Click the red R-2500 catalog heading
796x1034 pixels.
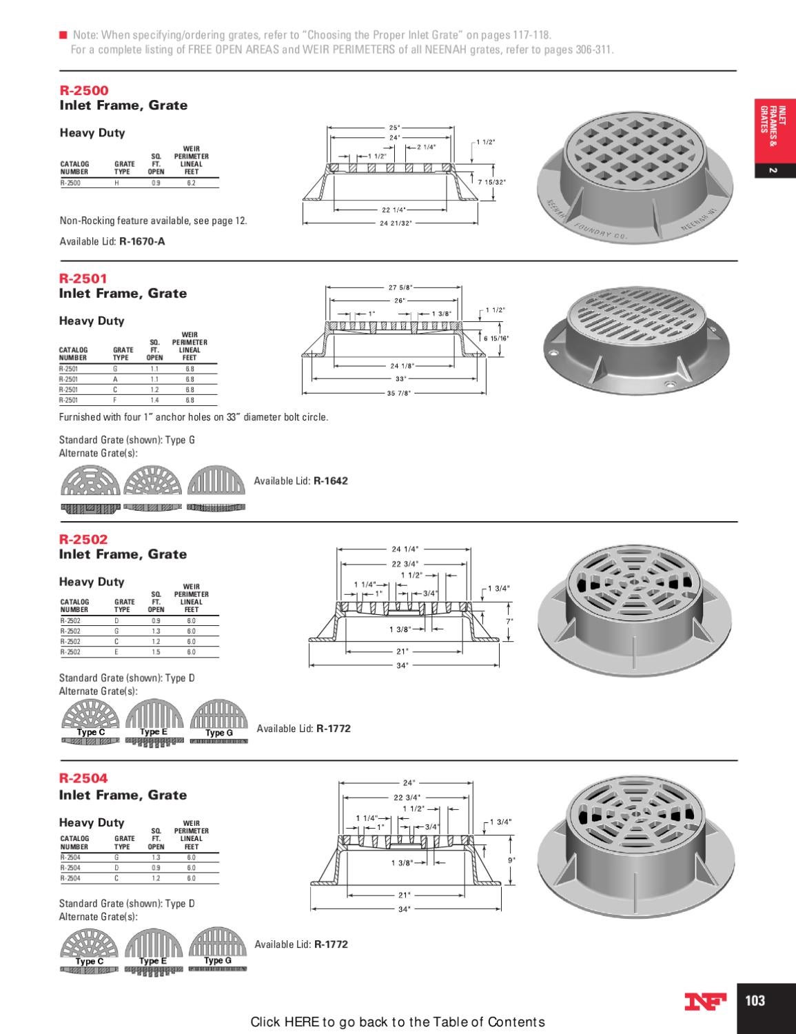point(84,90)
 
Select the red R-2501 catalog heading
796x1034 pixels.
point(83,278)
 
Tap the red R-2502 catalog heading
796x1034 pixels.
point(83,539)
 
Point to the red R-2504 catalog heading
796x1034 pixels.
point(83,778)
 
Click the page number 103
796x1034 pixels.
point(755,1000)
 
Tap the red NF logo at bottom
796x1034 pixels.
point(705,1002)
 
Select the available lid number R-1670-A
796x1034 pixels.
point(142,241)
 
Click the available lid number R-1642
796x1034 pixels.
point(331,480)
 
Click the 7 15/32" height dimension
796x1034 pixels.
point(491,182)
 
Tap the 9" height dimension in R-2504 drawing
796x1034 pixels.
point(511,860)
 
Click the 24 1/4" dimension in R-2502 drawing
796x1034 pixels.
point(405,549)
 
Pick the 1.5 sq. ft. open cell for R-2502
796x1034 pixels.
point(156,652)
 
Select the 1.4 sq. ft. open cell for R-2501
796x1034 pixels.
point(154,400)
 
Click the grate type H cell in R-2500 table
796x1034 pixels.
point(116,183)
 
